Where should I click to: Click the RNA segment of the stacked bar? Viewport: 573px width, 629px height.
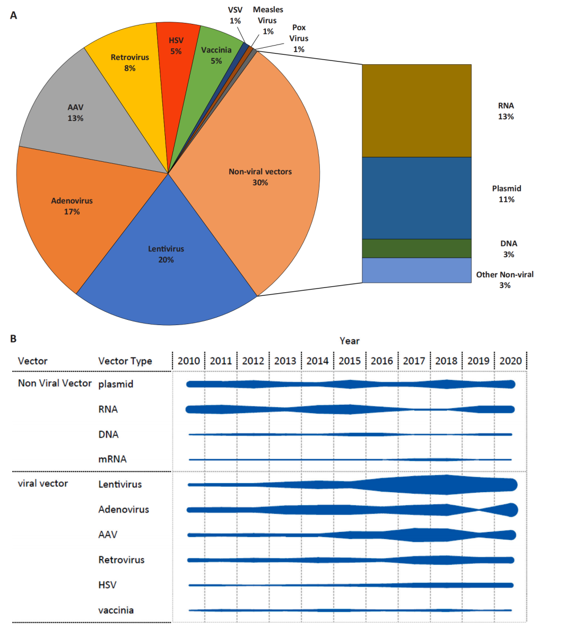tap(416, 111)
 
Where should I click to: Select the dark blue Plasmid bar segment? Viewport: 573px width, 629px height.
tap(416, 198)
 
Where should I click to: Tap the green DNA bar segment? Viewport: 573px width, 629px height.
tap(416, 248)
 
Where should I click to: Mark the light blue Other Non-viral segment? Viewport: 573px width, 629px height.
tap(416, 270)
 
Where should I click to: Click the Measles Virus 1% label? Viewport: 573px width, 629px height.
tap(268, 21)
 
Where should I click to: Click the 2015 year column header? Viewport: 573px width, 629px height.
tap(350, 361)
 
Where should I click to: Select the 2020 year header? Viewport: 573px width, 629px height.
tap(510, 361)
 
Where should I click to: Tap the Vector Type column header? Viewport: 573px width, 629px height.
tap(125, 361)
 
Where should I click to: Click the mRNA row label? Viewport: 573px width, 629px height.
tap(112, 459)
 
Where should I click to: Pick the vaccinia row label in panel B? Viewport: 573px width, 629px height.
tap(116, 610)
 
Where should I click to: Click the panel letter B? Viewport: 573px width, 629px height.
tap(13, 338)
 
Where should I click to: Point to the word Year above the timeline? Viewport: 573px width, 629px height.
tap(350, 341)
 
